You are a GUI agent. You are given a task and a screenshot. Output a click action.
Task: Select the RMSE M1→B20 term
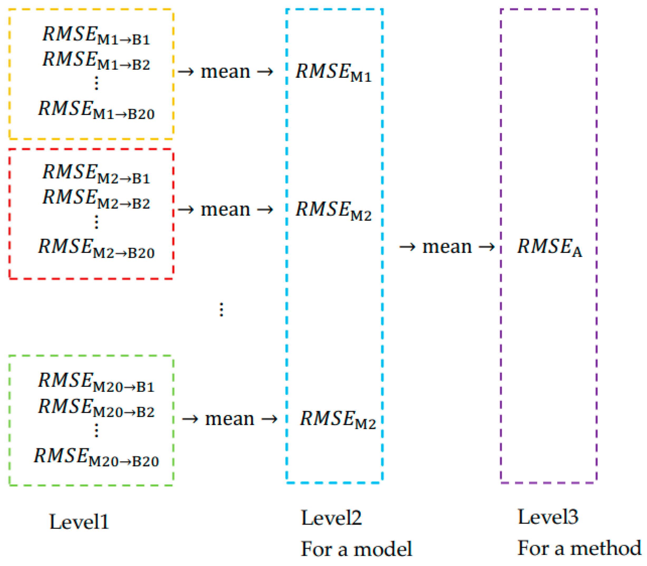96,110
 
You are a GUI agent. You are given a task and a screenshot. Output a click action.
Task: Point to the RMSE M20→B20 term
96,457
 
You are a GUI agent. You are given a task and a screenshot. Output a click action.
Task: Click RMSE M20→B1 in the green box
96,382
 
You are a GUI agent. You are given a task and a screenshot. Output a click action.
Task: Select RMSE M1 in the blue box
333,73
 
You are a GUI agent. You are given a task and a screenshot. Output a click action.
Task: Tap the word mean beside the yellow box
225,72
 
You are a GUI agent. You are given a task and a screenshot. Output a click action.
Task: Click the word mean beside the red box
225,210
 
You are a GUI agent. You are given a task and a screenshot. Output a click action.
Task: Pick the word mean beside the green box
230,419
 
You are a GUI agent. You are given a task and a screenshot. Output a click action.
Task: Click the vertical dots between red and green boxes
221,309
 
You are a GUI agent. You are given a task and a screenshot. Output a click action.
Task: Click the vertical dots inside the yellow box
96,83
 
